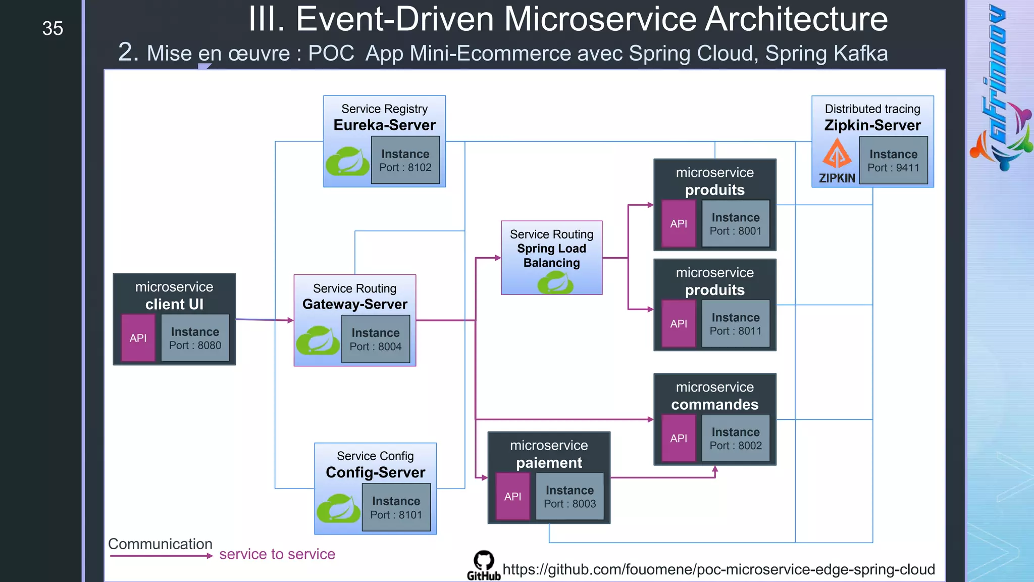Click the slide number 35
click(x=53, y=28)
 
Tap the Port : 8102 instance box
click(x=405, y=160)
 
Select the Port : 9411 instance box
click(x=893, y=160)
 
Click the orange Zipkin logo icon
click(x=837, y=154)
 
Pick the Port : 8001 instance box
click(x=735, y=223)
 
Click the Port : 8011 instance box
click(x=735, y=323)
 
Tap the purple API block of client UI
click(x=138, y=337)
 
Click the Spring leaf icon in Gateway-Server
click(x=318, y=341)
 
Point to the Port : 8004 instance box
click(x=376, y=339)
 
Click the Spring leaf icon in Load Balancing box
click(x=555, y=282)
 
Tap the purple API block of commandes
click(x=678, y=438)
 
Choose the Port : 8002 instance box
click(x=735, y=438)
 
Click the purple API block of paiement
click(x=512, y=496)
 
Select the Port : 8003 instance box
click(x=570, y=496)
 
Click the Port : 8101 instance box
click(x=396, y=507)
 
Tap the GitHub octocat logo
click(x=484, y=561)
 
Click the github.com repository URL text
click(x=718, y=569)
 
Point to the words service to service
click(x=277, y=554)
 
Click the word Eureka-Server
click(x=384, y=125)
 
